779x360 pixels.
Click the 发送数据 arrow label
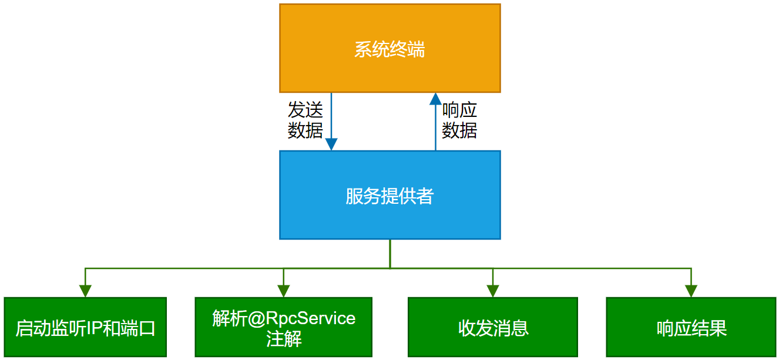[305, 120]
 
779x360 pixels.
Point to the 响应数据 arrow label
[459, 120]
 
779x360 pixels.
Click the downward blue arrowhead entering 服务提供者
[331, 144]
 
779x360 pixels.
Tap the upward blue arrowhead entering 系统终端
[435, 99]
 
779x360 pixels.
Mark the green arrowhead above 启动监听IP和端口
[85, 291]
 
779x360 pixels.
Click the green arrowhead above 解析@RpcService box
[284, 291]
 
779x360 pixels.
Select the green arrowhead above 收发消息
[492, 291]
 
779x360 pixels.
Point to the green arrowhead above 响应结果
[691, 291]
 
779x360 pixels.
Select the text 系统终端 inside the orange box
[389, 49]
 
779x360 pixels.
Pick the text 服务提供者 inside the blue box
[389, 196]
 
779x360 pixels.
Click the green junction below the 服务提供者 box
[389, 268]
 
